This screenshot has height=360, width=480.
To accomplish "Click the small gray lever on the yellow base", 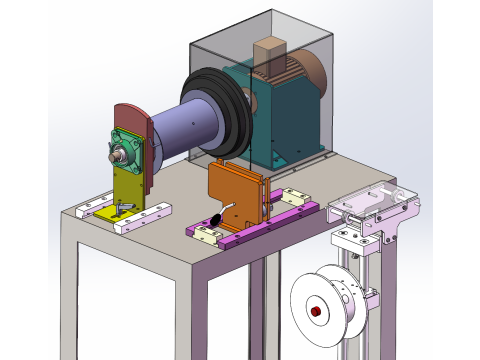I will (124, 206).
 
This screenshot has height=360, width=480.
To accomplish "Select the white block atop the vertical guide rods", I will (350, 238).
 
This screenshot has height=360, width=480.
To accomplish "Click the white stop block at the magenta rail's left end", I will (208, 235).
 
